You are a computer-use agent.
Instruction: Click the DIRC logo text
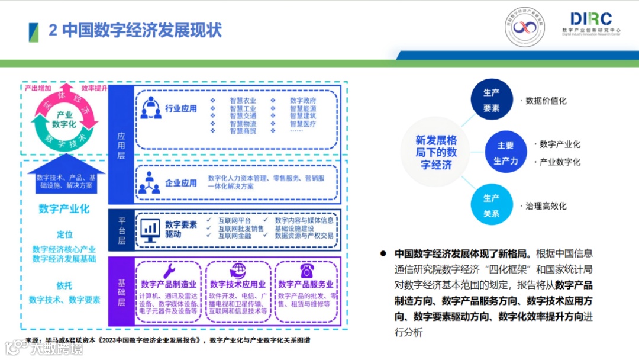click(591, 19)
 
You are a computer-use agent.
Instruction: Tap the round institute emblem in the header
click(524, 27)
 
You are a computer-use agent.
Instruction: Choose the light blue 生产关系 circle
click(491, 205)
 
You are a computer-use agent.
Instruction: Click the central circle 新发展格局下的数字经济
click(436, 153)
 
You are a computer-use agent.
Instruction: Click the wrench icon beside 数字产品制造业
click(169, 271)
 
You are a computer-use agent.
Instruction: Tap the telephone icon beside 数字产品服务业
click(306, 271)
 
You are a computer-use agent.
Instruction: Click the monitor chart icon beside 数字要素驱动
click(150, 229)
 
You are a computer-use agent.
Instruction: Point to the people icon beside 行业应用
click(150, 108)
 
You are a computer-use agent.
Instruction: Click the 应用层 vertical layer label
click(121, 144)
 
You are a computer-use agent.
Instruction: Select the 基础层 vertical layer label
click(121, 294)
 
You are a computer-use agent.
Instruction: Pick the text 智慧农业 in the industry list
click(243, 101)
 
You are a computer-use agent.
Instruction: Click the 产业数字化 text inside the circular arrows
click(63, 119)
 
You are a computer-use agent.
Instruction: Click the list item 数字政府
click(303, 101)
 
